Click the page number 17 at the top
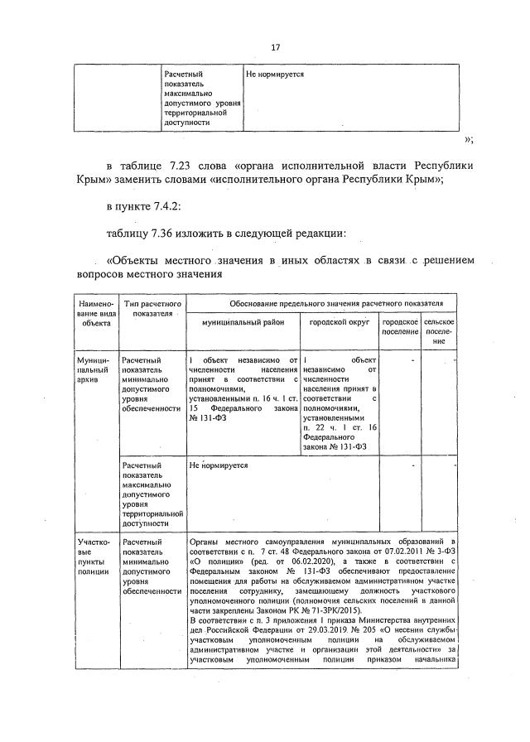point(275,47)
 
